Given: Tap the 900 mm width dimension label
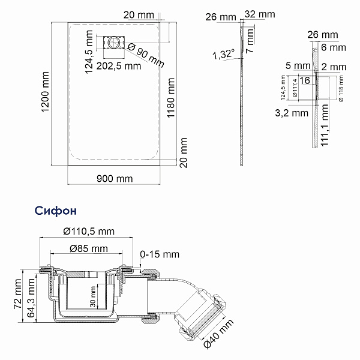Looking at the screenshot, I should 114,178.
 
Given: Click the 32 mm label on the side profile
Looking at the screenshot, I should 260,13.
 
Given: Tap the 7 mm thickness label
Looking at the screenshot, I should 253,43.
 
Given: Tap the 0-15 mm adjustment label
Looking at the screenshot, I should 159,254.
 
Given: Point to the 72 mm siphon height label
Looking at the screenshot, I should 18,296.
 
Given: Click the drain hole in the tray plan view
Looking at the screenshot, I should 112,43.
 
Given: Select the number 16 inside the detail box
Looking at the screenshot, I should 304,80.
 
